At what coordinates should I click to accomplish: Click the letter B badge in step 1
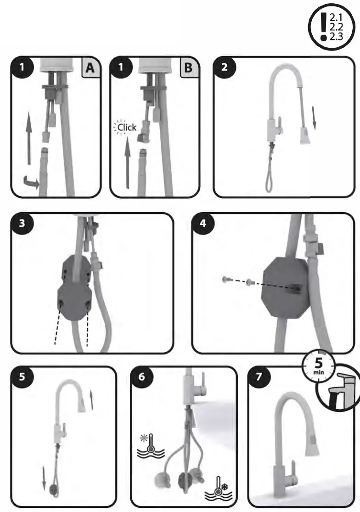pyautogui.click(x=188, y=68)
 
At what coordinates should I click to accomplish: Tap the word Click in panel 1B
pyautogui.click(x=126, y=127)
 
